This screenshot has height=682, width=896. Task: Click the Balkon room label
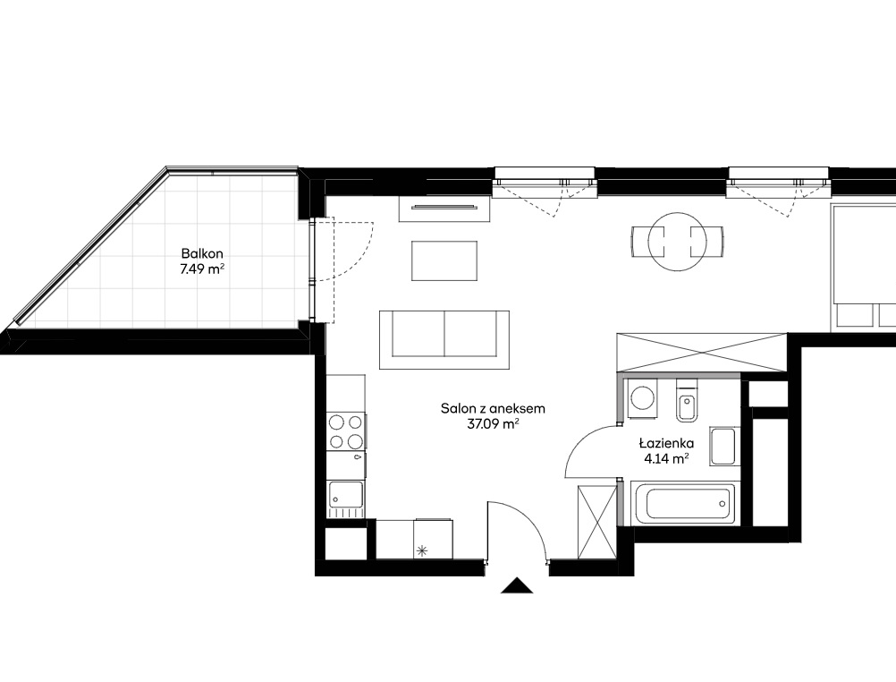202,253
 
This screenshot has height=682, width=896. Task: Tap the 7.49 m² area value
201,269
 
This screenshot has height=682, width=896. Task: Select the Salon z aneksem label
493,408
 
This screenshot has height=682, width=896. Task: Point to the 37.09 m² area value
493,424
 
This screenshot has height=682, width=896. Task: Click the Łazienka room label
666,442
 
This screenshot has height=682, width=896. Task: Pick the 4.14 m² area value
666,458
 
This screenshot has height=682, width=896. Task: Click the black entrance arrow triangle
517,585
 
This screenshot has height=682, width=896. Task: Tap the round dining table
677,242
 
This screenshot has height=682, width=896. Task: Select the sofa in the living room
444,340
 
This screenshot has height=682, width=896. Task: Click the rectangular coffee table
444,260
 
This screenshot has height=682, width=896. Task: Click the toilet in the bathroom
686,400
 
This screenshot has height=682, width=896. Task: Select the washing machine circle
644,396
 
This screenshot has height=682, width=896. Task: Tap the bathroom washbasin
723,447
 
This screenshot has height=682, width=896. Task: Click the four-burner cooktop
346,432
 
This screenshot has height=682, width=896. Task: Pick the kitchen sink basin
344,495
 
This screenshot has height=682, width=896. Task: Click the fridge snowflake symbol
422,551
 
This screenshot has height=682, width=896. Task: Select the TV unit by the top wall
444,209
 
